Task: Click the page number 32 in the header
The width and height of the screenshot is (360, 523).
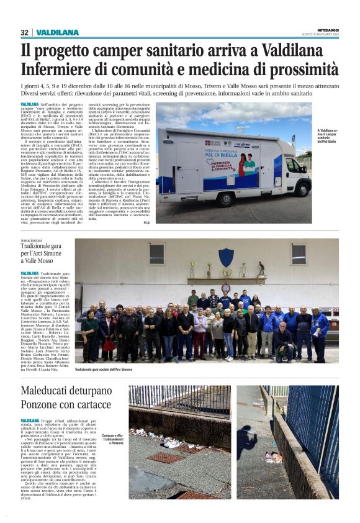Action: coord(24,32)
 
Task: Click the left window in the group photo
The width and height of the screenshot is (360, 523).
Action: coord(156,253)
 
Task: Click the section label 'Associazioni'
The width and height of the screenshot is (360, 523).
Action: coord(32,240)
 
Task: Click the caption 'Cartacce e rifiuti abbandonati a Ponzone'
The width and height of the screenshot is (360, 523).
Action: coord(112,456)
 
